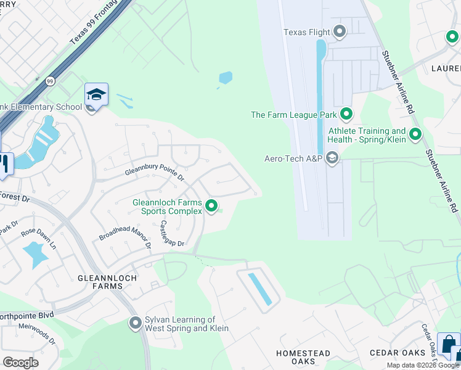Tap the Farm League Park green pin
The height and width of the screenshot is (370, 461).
pos(346,114)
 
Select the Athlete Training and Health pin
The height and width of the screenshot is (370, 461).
pos(415,134)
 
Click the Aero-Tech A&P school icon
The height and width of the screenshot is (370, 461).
pos(332,158)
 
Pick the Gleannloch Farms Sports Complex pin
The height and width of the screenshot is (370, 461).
pos(212,206)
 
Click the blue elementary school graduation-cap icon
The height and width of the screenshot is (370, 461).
pos(96,94)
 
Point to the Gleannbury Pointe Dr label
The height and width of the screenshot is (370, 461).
pos(155,173)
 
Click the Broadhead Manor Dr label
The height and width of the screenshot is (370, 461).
pos(125,233)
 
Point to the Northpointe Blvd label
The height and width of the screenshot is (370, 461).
pos(27,314)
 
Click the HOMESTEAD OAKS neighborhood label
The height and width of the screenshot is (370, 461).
pos(303,358)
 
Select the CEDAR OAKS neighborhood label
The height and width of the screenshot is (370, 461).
pos(398,353)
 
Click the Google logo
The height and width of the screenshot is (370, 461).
pos(20,363)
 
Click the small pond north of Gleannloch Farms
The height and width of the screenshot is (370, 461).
pos(226,78)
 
